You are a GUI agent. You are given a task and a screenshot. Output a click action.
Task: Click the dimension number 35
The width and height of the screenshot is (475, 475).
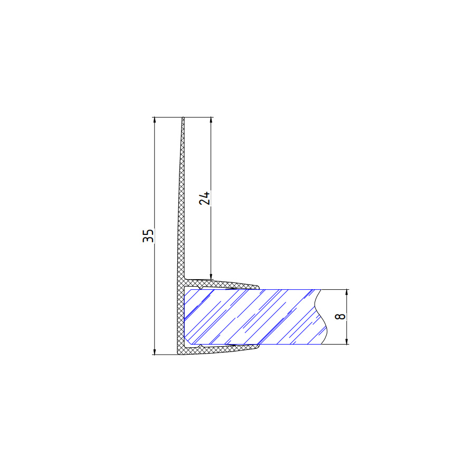(148, 236)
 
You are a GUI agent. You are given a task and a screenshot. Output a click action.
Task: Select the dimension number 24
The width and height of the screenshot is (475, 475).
(204, 198)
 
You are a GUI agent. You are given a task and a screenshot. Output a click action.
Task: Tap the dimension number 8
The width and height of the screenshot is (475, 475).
(340, 316)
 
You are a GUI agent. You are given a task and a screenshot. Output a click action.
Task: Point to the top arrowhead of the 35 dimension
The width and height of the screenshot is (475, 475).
(155, 120)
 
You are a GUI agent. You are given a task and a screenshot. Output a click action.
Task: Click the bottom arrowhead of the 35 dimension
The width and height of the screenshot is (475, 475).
(155, 351)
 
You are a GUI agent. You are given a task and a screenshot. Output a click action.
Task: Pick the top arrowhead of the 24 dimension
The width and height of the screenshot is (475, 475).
(211, 120)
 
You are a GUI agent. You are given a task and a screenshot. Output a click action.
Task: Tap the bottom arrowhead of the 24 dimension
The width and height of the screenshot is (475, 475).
(211, 277)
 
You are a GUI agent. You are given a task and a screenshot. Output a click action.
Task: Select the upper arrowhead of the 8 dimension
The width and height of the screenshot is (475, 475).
(347, 292)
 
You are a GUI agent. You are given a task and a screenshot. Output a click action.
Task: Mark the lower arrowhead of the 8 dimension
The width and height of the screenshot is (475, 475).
(347, 341)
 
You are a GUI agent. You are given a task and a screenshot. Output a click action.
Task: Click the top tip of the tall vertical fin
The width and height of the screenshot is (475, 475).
(183, 118)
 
